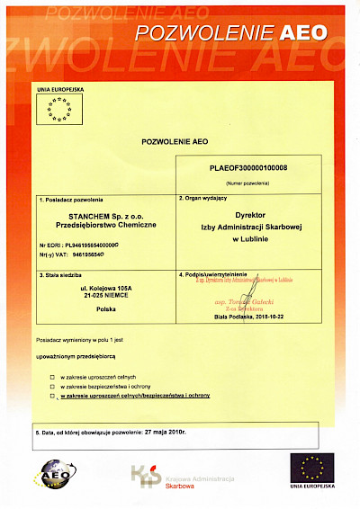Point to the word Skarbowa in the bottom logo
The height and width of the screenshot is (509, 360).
[180, 484]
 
